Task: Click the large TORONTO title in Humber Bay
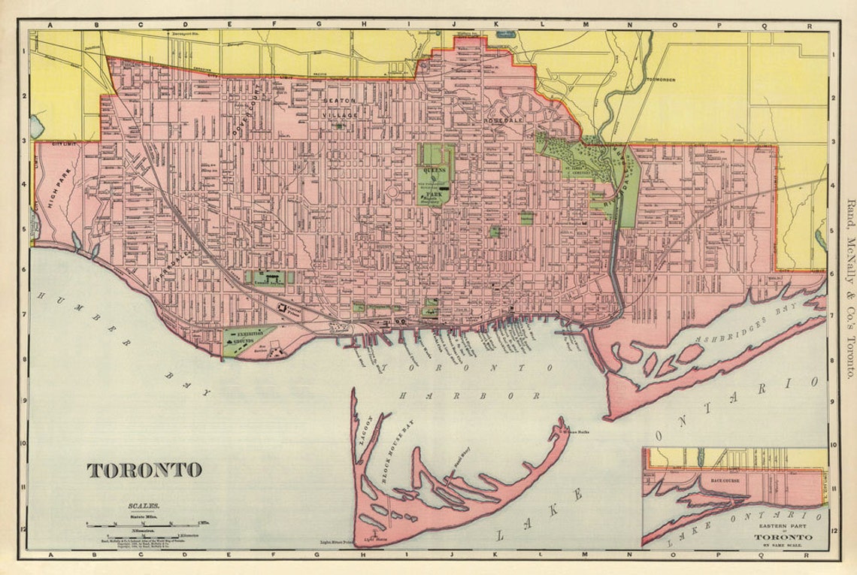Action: [144, 471]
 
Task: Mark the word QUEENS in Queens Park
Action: [434, 171]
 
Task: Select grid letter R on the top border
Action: [809, 25]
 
